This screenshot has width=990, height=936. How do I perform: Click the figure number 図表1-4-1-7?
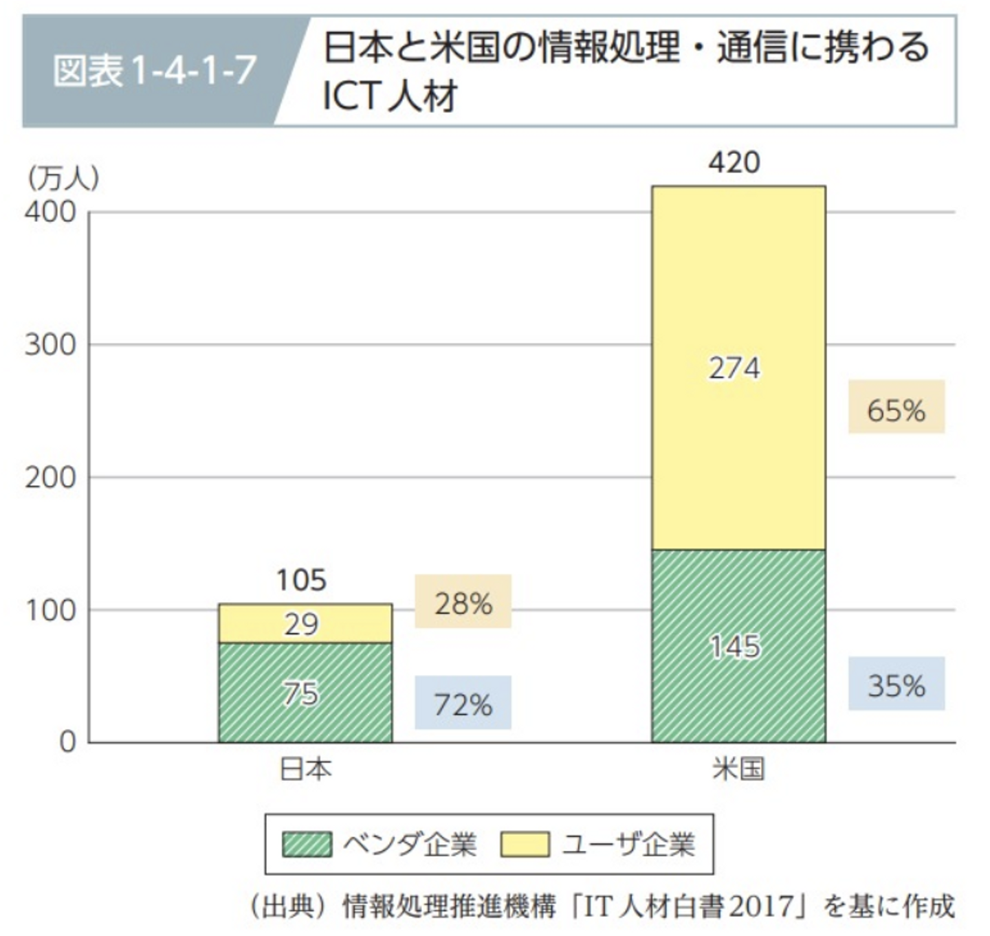[x=155, y=70]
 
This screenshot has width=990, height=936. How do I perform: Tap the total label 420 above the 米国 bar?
[x=734, y=163]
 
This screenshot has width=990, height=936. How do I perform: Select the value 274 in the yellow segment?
[x=734, y=369]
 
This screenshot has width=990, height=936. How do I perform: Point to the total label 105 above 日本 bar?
[x=301, y=581]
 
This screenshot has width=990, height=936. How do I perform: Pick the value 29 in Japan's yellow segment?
[x=301, y=625]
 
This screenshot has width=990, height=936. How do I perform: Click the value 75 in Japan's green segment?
[x=301, y=693]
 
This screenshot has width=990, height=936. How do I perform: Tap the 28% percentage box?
[x=463, y=602]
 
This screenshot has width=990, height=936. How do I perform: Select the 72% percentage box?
[x=463, y=703]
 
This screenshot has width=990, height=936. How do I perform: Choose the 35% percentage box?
[x=896, y=684]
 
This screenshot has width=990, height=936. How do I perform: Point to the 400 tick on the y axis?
[x=50, y=212]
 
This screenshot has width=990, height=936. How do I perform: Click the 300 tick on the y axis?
[x=50, y=345]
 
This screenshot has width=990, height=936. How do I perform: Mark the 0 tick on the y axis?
[x=67, y=742]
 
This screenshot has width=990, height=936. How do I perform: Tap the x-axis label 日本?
[x=305, y=769]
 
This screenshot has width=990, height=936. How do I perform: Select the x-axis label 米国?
[x=738, y=769]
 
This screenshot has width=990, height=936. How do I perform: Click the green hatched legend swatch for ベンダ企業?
[x=307, y=845]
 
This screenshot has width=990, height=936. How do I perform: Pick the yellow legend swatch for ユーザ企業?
[x=525, y=845]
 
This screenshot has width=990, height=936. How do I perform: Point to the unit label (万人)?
[x=63, y=179]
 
